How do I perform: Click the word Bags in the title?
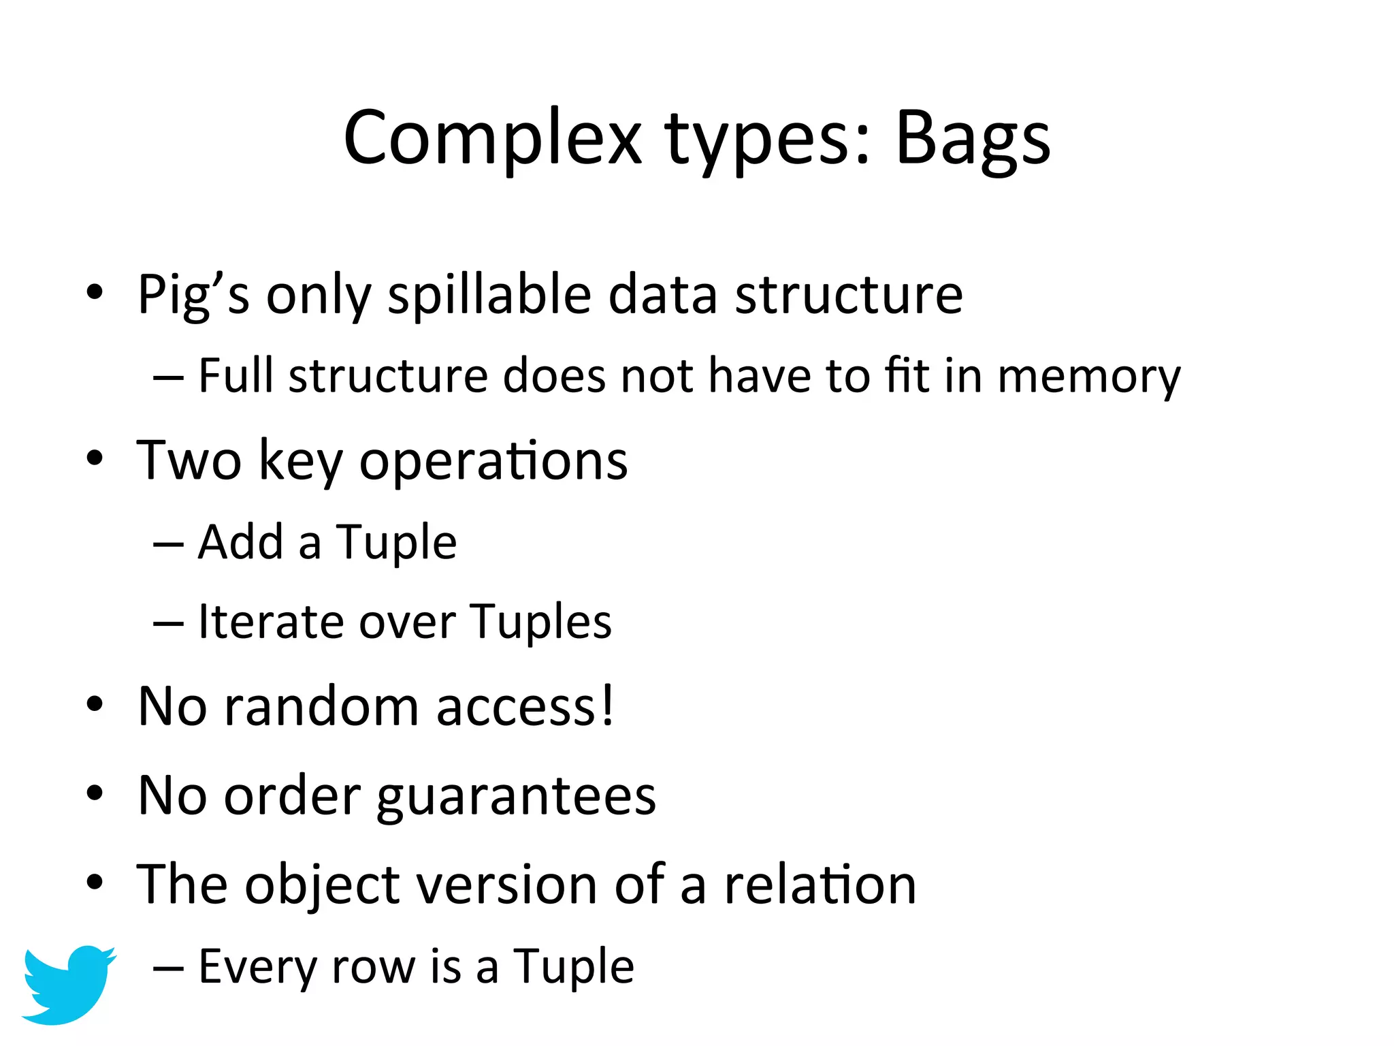[973, 140]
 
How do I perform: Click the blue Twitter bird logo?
[68, 983]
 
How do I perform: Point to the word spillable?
[489, 296]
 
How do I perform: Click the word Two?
[189, 461]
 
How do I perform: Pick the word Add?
[240, 543]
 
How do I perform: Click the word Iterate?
[270, 622]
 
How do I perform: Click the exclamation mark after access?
[607, 706]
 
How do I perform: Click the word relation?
[820, 885]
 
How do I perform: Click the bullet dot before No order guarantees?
[95, 793]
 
